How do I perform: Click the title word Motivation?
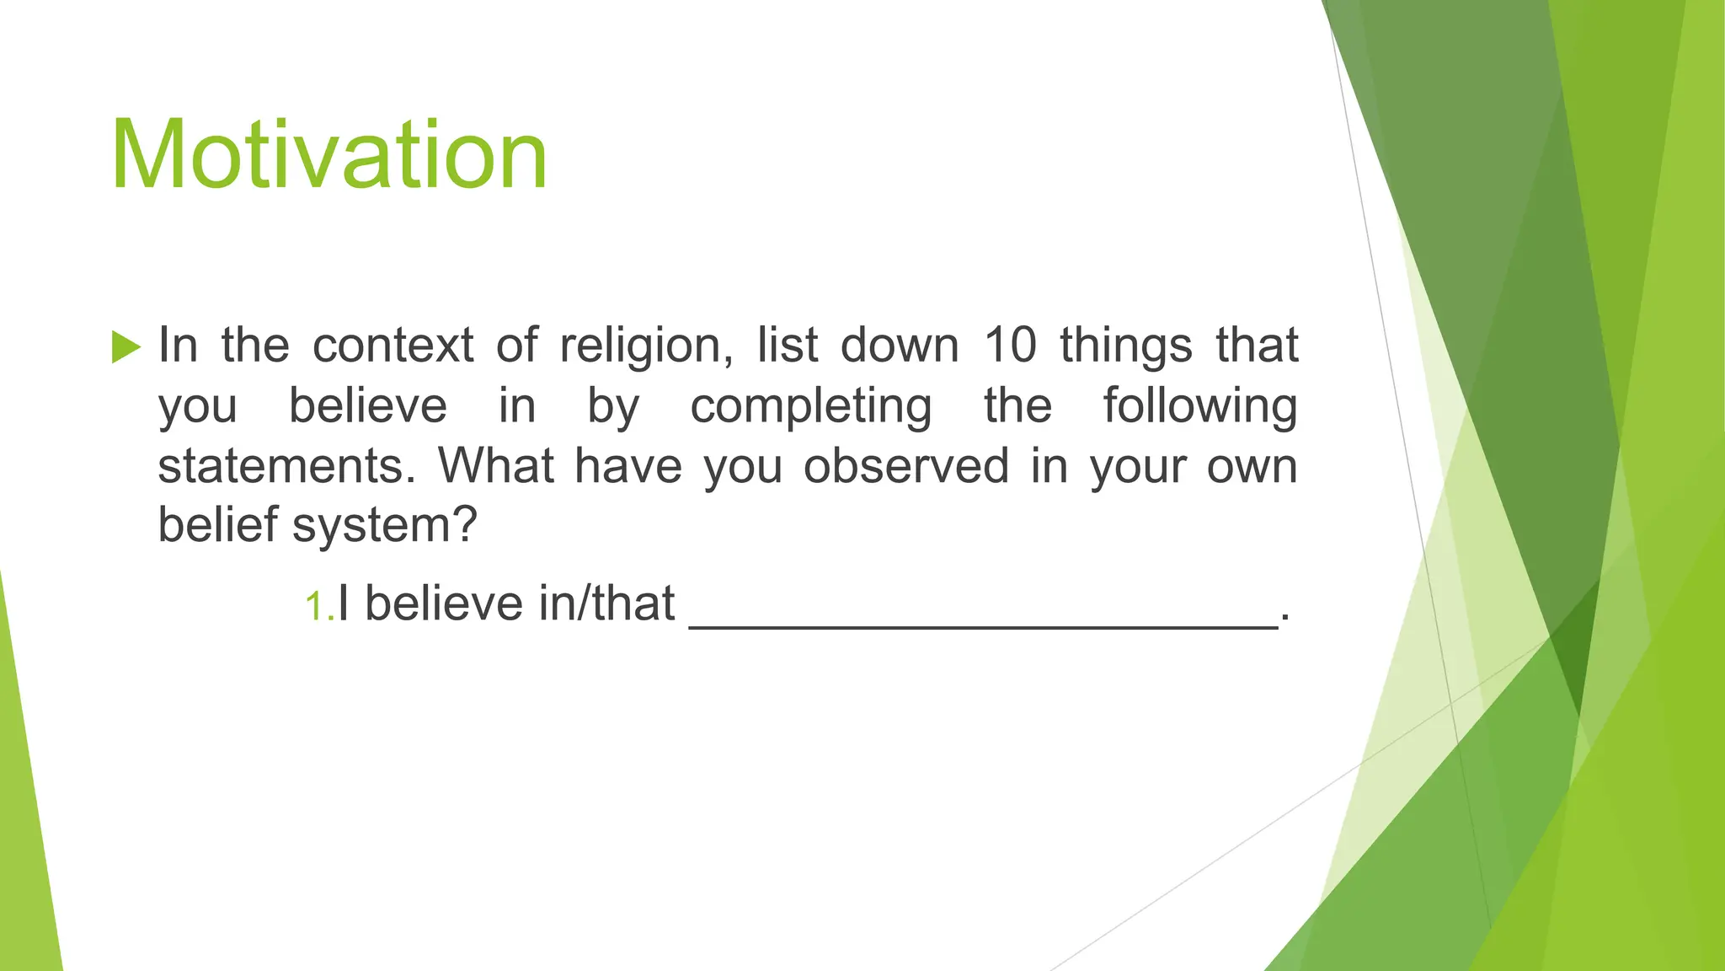coord(328,157)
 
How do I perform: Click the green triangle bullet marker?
coord(126,346)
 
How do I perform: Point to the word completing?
coord(810,406)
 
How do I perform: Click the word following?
coord(1199,406)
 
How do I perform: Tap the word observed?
coord(905,466)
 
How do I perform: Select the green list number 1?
coord(318,607)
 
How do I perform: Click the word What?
coord(496,466)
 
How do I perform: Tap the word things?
coord(1126,346)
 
